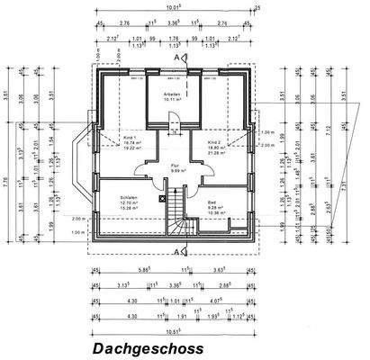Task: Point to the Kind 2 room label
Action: pyautogui.click(x=214, y=143)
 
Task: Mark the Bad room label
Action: pyautogui.click(x=212, y=202)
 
